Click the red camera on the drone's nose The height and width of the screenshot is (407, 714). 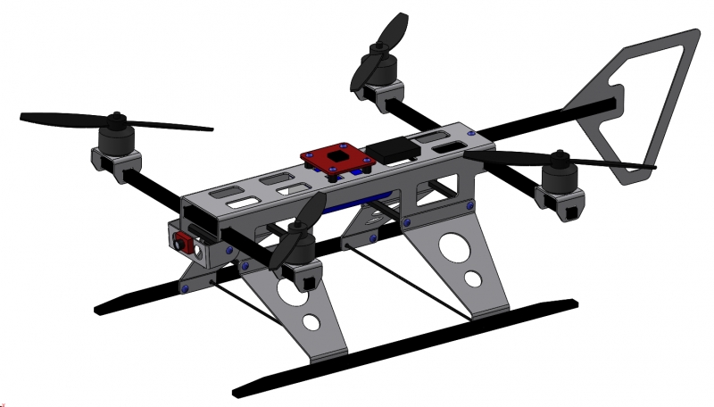click(184, 241)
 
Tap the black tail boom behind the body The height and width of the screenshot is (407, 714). click(544, 120)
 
